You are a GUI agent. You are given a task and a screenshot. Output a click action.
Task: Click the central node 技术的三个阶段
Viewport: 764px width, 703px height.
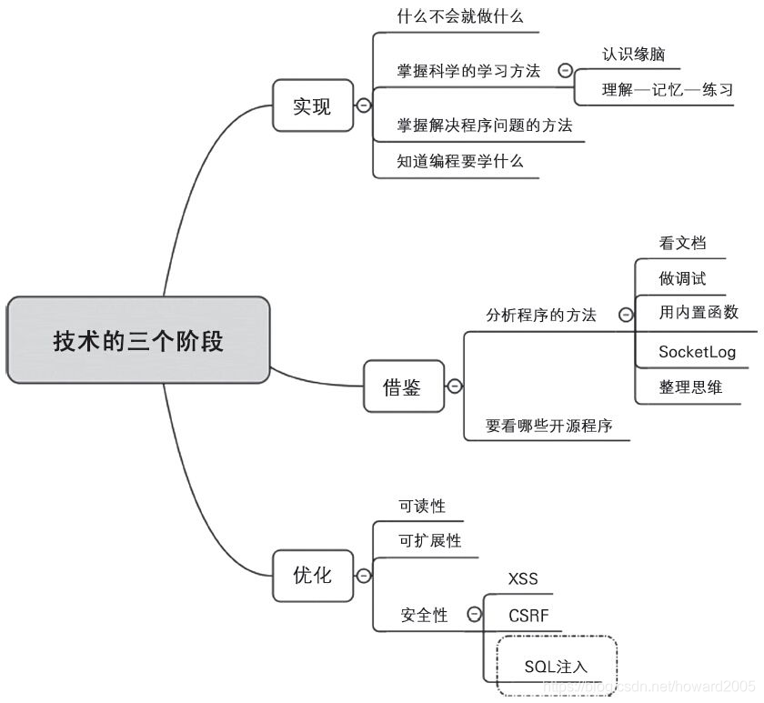(138, 341)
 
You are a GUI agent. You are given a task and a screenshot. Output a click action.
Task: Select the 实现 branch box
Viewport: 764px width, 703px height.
(312, 105)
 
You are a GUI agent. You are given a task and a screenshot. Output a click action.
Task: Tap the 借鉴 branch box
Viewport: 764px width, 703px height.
(403, 387)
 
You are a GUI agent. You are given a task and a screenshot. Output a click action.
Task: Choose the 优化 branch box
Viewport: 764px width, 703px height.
(312, 575)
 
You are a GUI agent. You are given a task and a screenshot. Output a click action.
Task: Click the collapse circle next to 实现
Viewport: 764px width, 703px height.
(364, 105)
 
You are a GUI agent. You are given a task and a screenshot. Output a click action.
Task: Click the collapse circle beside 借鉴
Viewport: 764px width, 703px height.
(455, 387)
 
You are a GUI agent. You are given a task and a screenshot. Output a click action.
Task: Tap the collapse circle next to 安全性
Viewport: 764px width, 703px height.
(474, 615)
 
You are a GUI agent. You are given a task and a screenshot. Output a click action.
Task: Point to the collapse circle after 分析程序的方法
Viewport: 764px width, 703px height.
(626, 315)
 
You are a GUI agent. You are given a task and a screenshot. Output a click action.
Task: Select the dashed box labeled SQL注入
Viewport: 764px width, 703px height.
(556, 666)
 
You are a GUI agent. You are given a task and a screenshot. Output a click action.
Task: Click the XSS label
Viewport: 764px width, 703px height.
(523, 579)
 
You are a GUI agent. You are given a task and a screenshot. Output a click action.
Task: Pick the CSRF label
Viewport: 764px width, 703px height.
(528, 616)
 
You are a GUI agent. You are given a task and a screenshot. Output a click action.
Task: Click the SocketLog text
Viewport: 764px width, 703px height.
(697, 352)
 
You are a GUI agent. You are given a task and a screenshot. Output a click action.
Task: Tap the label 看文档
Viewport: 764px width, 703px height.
(682, 244)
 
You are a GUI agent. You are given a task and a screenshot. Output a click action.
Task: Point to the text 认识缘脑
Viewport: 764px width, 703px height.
(633, 55)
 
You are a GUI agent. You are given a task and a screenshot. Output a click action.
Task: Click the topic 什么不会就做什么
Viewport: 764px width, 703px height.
(460, 16)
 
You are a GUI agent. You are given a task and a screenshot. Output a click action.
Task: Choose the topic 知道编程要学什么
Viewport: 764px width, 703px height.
(460, 161)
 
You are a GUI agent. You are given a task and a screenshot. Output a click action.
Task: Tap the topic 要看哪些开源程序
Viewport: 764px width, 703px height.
(548, 425)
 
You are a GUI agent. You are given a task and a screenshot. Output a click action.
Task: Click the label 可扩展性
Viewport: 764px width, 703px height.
(430, 541)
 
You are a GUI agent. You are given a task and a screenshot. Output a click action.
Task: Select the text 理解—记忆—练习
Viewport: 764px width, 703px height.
(667, 90)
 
